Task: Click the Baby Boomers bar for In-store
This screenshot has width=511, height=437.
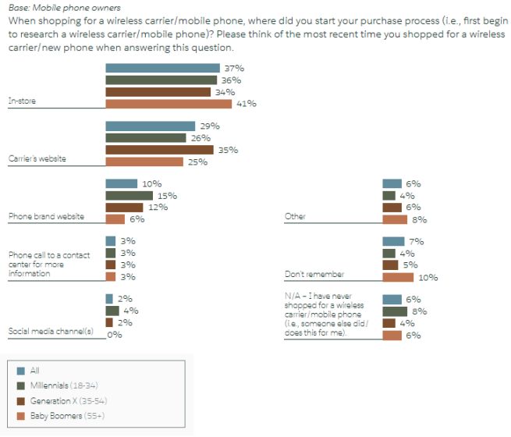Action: pos(169,104)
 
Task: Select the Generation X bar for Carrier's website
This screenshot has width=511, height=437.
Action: pos(159,150)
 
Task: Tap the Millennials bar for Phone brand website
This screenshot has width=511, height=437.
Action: pos(130,196)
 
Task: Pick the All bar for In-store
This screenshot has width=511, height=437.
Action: pos(162,69)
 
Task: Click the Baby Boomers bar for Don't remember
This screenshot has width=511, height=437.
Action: pos(398,277)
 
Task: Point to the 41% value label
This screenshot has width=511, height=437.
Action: pos(247,104)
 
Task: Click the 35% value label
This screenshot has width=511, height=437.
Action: pos(229,150)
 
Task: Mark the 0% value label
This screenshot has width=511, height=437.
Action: pos(115,334)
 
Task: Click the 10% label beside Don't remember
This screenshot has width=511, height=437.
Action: pos(428,277)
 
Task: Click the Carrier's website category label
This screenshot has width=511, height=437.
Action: pos(37,158)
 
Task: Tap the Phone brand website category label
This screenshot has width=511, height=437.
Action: pos(45,216)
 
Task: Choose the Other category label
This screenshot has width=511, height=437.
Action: pos(295,216)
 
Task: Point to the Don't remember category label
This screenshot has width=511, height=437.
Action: pos(314,275)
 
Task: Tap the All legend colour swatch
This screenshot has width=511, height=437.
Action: pos(20,371)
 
